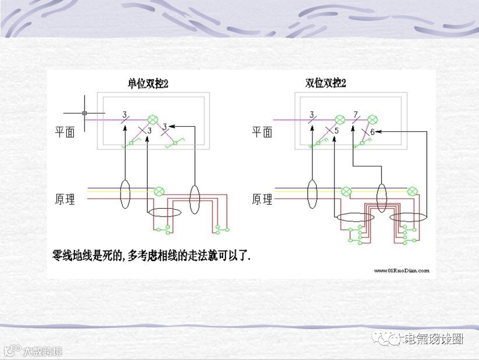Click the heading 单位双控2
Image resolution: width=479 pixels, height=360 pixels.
pyautogui.click(x=148, y=84)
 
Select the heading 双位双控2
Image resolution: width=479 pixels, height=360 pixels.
pyautogui.click(x=326, y=83)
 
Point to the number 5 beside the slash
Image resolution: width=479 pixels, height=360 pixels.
pyautogui.click(x=337, y=131)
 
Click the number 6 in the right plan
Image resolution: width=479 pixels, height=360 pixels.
pyautogui.click(x=373, y=132)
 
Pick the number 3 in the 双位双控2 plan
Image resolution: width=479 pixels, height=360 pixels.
pyautogui.click(x=312, y=115)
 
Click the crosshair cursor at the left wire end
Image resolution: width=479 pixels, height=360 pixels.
pyautogui.click(x=84, y=113)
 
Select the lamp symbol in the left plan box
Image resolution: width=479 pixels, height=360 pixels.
pyautogui.click(x=153, y=119)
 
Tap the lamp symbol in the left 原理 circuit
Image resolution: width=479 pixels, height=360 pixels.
pyautogui.click(x=158, y=192)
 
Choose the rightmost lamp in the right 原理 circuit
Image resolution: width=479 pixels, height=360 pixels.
pyautogui.click(x=412, y=192)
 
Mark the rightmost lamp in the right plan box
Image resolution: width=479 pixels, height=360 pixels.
pyautogui.click(x=373, y=119)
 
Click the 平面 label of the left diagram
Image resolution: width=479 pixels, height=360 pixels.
pyautogui.click(x=65, y=132)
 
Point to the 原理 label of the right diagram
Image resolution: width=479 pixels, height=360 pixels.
pyautogui.click(x=262, y=199)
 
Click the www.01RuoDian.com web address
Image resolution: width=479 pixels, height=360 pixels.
pyautogui.click(x=402, y=270)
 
